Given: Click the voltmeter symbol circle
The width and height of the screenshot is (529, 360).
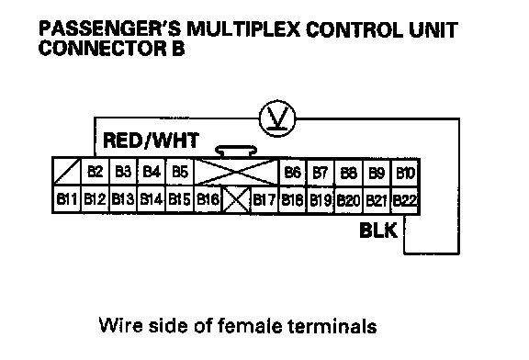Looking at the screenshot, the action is coord(277,118).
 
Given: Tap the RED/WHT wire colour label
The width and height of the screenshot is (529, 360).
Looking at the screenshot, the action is coord(151,141).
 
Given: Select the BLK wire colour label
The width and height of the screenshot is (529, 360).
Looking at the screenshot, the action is coord(378,231).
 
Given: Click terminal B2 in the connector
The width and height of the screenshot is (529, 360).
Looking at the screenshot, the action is coord(96,172).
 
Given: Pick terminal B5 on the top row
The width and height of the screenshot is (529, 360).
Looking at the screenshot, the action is coord(180,172).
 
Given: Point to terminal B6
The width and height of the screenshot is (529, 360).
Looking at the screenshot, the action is coord(292,173).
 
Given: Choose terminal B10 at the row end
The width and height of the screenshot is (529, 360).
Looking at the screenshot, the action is coord(405,173).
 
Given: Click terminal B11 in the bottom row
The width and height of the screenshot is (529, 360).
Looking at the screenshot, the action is coord(67,199).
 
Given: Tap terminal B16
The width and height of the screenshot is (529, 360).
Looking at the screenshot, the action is coord(208,199).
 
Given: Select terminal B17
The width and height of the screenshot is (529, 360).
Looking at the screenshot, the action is coord(264,199).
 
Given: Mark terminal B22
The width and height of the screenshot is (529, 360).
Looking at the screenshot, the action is coord(405,200).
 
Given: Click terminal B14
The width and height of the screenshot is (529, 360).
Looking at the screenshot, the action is coord(152,199).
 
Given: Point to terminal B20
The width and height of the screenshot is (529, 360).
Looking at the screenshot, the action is coord(348,200).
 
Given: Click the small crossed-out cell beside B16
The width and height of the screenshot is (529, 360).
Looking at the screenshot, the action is coord(236,199).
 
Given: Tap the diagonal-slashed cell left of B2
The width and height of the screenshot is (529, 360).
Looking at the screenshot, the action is coord(67,172).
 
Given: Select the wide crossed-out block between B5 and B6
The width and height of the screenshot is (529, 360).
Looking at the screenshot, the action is coord(237,172).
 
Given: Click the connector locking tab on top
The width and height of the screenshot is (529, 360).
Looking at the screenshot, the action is coord(236,152).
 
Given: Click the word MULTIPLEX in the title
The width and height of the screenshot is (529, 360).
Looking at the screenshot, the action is coord(243,29).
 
